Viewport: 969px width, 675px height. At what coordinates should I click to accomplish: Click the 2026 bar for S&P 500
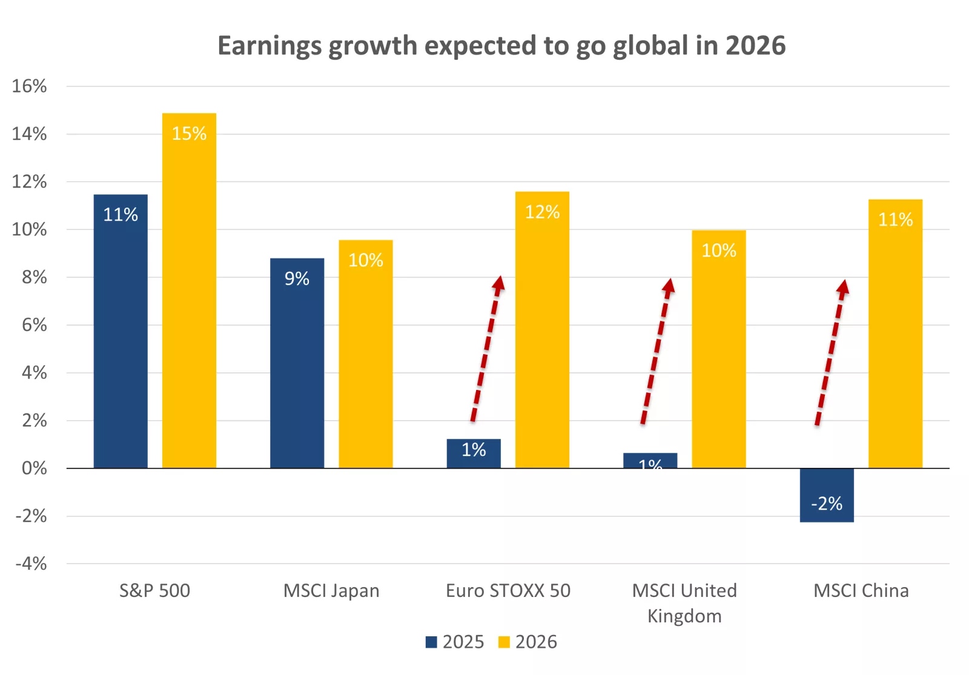(x=189, y=291)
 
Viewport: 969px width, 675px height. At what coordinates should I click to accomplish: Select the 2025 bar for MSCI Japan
(x=297, y=363)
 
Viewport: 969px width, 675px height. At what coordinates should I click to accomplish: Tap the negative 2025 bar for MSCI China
(x=827, y=495)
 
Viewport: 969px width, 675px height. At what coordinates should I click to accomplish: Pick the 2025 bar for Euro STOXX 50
(x=474, y=453)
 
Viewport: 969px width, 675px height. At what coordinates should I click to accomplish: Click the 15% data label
(x=189, y=133)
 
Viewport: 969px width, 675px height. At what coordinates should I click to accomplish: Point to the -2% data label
(x=827, y=503)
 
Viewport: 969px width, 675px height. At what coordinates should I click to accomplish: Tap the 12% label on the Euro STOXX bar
(x=542, y=212)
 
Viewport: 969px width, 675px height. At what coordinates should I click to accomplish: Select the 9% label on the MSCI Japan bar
(x=297, y=278)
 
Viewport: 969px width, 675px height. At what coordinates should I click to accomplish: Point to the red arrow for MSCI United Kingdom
(x=656, y=352)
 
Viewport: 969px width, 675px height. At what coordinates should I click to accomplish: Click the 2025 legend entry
(x=455, y=642)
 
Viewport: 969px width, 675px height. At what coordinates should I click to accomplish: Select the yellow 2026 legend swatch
(x=504, y=642)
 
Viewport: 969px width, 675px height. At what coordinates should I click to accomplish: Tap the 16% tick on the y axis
(x=29, y=86)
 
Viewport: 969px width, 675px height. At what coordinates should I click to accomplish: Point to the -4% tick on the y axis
(x=31, y=564)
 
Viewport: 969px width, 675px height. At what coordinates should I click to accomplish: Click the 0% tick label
(x=34, y=468)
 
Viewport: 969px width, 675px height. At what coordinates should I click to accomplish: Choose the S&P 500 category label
(x=154, y=590)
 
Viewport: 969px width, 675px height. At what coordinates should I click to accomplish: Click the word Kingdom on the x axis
(x=684, y=616)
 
